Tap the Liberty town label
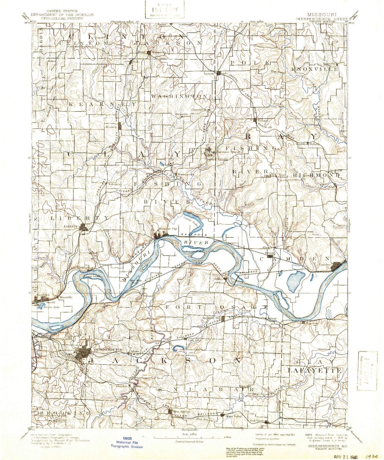click(71, 227)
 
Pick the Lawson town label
click(209, 74)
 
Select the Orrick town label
click(270, 253)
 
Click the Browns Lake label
click(49, 307)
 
